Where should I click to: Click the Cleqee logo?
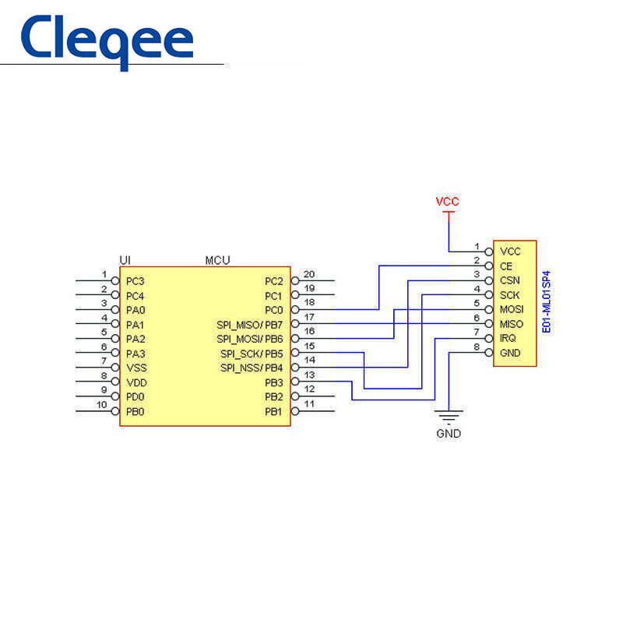tap(106, 41)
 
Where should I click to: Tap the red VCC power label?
tap(447, 202)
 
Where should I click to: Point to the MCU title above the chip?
tap(217, 260)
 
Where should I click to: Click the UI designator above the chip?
tap(125, 260)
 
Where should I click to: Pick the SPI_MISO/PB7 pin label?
tap(249, 325)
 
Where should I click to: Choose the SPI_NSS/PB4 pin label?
tap(251, 368)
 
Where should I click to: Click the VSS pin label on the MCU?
tap(136, 368)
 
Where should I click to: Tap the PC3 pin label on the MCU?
tap(136, 281)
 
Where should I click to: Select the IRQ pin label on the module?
tap(508, 339)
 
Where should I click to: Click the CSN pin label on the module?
tap(509, 280)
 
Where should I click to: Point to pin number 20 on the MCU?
tap(309, 274)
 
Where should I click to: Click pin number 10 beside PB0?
tap(101, 405)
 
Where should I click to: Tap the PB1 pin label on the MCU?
tap(273, 411)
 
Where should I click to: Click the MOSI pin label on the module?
tap(511, 310)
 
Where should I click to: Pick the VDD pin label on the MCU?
tap(136, 382)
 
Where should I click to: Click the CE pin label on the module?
tap(506, 266)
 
